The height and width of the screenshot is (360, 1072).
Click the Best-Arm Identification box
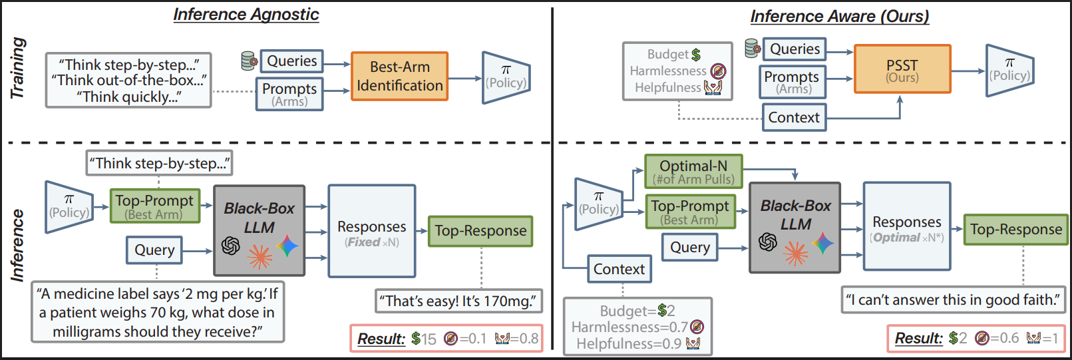click(399, 77)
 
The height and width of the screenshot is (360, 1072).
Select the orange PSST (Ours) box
click(902, 69)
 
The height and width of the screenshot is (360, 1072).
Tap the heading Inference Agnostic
click(246, 15)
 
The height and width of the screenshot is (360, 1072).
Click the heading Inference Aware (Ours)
click(840, 16)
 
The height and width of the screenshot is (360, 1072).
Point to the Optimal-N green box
click(693, 172)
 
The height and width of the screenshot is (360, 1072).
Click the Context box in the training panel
click(794, 117)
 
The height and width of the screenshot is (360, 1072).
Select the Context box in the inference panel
click(619, 269)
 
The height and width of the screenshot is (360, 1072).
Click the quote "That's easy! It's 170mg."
click(458, 301)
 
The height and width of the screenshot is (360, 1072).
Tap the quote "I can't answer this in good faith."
click(953, 299)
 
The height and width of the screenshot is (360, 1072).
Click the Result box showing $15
click(447, 338)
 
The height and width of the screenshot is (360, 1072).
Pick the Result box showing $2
click(976, 338)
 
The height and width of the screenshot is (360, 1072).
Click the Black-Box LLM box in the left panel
click(259, 230)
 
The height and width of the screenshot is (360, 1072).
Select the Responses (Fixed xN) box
click(371, 232)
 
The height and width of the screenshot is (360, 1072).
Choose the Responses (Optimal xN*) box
click(906, 227)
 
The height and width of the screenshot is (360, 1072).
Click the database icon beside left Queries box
click(249, 61)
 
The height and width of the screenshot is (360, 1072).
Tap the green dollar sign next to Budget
click(696, 55)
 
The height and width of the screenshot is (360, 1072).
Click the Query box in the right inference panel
click(689, 248)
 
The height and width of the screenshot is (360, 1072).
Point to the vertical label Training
click(18, 69)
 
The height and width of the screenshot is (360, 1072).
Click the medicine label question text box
click(158, 312)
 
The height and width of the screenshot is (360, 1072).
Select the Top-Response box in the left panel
click(480, 231)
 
